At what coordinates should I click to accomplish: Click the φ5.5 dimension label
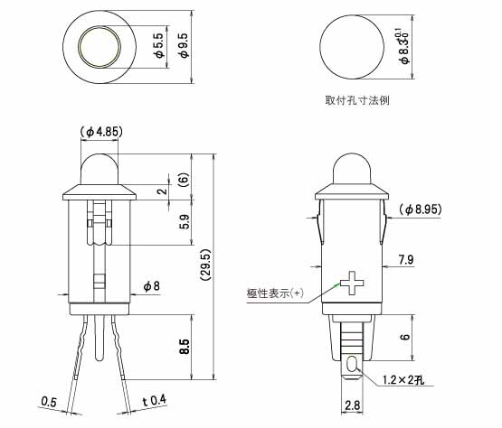coord(160,45)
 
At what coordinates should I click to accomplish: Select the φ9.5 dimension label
coord(185,45)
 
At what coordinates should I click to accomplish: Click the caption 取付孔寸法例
coord(357,100)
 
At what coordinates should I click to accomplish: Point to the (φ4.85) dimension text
coord(100,132)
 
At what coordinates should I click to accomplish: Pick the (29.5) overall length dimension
coord(205,265)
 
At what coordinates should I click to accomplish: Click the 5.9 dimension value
coord(185,222)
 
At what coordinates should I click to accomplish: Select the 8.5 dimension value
coord(185,347)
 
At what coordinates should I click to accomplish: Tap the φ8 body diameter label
coord(151,285)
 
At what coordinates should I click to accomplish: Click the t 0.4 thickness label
coord(155,401)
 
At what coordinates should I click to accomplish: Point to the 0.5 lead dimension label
coord(49,402)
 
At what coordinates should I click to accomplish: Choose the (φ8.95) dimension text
coord(421,209)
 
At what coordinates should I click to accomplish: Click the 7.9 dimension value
coord(406,259)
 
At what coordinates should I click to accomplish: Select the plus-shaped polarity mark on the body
coord(352,284)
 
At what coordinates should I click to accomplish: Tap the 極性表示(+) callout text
coord(275,293)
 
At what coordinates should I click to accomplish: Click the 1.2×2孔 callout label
coord(403,380)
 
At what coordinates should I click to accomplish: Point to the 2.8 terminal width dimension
coord(352,405)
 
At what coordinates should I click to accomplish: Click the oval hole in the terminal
coord(352,364)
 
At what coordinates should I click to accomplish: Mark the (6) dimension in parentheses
coord(184,180)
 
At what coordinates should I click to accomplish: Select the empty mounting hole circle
coord(352,46)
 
